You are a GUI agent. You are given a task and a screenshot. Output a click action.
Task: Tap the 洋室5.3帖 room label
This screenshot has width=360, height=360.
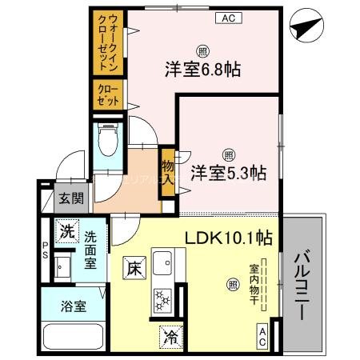click(228, 172)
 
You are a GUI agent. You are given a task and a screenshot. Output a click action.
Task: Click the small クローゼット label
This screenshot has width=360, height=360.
click(109, 95)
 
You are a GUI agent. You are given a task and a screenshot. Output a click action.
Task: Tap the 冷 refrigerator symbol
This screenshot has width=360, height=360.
click(170, 336)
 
